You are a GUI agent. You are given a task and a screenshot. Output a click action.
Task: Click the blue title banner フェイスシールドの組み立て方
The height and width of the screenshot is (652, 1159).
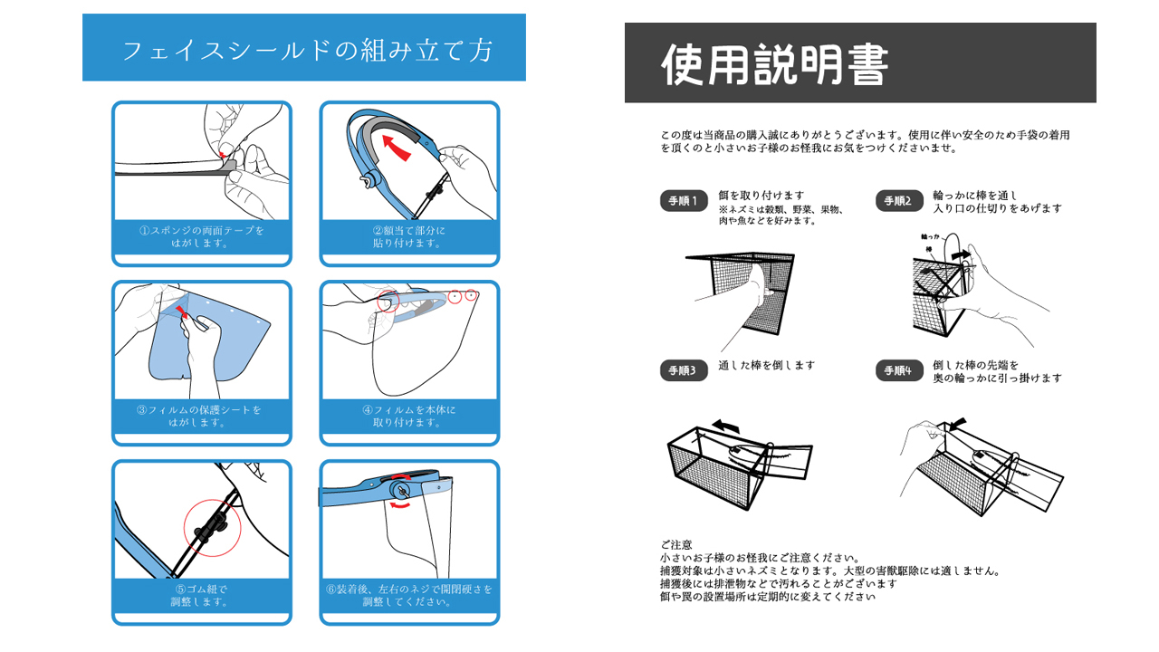click(x=304, y=47)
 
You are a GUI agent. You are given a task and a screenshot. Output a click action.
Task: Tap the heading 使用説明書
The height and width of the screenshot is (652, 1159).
click(x=774, y=64)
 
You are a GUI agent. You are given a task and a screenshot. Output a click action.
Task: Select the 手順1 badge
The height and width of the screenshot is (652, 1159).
click(x=684, y=201)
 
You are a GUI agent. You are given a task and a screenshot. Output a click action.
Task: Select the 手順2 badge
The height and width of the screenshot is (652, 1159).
click(x=899, y=201)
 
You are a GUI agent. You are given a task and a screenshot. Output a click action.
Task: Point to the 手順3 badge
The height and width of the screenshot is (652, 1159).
click(x=684, y=370)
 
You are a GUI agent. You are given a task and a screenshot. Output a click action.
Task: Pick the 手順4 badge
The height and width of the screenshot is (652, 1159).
click(x=899, y=370)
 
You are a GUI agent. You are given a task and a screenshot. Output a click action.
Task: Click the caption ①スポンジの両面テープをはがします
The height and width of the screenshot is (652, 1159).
click(x=202, y=236)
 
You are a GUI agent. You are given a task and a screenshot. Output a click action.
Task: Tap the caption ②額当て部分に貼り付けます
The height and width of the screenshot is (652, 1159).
click(x=408, y=236)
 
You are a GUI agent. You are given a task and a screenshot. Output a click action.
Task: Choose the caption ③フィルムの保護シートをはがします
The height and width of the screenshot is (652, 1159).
click(x=199, y=416)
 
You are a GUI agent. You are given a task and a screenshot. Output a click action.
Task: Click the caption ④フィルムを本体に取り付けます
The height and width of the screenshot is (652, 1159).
click(x=408, y=416)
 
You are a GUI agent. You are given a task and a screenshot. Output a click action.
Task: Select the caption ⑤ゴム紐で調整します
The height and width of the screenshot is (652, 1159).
click(x=201, y=595)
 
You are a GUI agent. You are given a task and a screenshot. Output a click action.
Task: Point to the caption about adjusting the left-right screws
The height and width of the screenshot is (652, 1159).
click(x=408, y=595)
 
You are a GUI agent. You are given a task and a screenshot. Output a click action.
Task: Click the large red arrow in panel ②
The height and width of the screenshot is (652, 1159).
click(x=396, y=147)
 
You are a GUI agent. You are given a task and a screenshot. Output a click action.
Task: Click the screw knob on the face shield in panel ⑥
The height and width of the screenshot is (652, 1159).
click(x=400, y=489)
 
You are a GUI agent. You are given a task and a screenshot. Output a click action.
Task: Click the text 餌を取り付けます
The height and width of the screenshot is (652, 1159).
click(x=761, y=195)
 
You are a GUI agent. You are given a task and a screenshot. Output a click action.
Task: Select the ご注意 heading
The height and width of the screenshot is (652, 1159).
click(x=675, y=544)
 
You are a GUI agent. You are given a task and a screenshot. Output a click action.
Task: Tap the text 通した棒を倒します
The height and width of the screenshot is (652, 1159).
click(x=766, y=365)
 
